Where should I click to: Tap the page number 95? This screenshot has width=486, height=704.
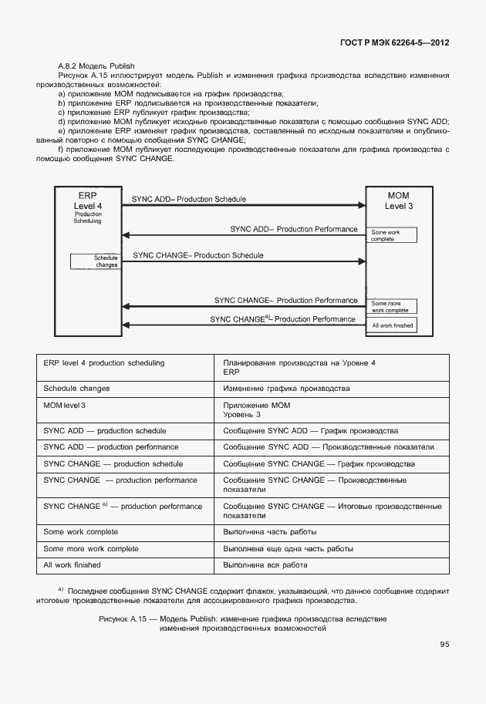point(445,645)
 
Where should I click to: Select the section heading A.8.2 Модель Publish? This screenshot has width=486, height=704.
point(96,66)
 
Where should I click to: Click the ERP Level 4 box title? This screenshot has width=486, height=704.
point(87,200)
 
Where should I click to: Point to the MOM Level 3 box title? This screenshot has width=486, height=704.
point(399,200)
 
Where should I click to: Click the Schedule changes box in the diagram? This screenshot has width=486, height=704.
point(96,261)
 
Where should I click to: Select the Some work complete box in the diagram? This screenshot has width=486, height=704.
point(393,235)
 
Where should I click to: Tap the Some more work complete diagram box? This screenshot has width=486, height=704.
point(393,307)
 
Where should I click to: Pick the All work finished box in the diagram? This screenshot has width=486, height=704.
point(393,325)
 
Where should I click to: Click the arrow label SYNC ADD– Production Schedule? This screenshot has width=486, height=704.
point(189,200)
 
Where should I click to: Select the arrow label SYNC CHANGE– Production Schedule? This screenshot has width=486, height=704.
point(198,254)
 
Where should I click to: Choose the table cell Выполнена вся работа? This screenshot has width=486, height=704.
point(265,565)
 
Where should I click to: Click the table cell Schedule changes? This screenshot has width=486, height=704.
point(76,388)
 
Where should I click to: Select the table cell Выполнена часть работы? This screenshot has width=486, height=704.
point(269,532)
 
